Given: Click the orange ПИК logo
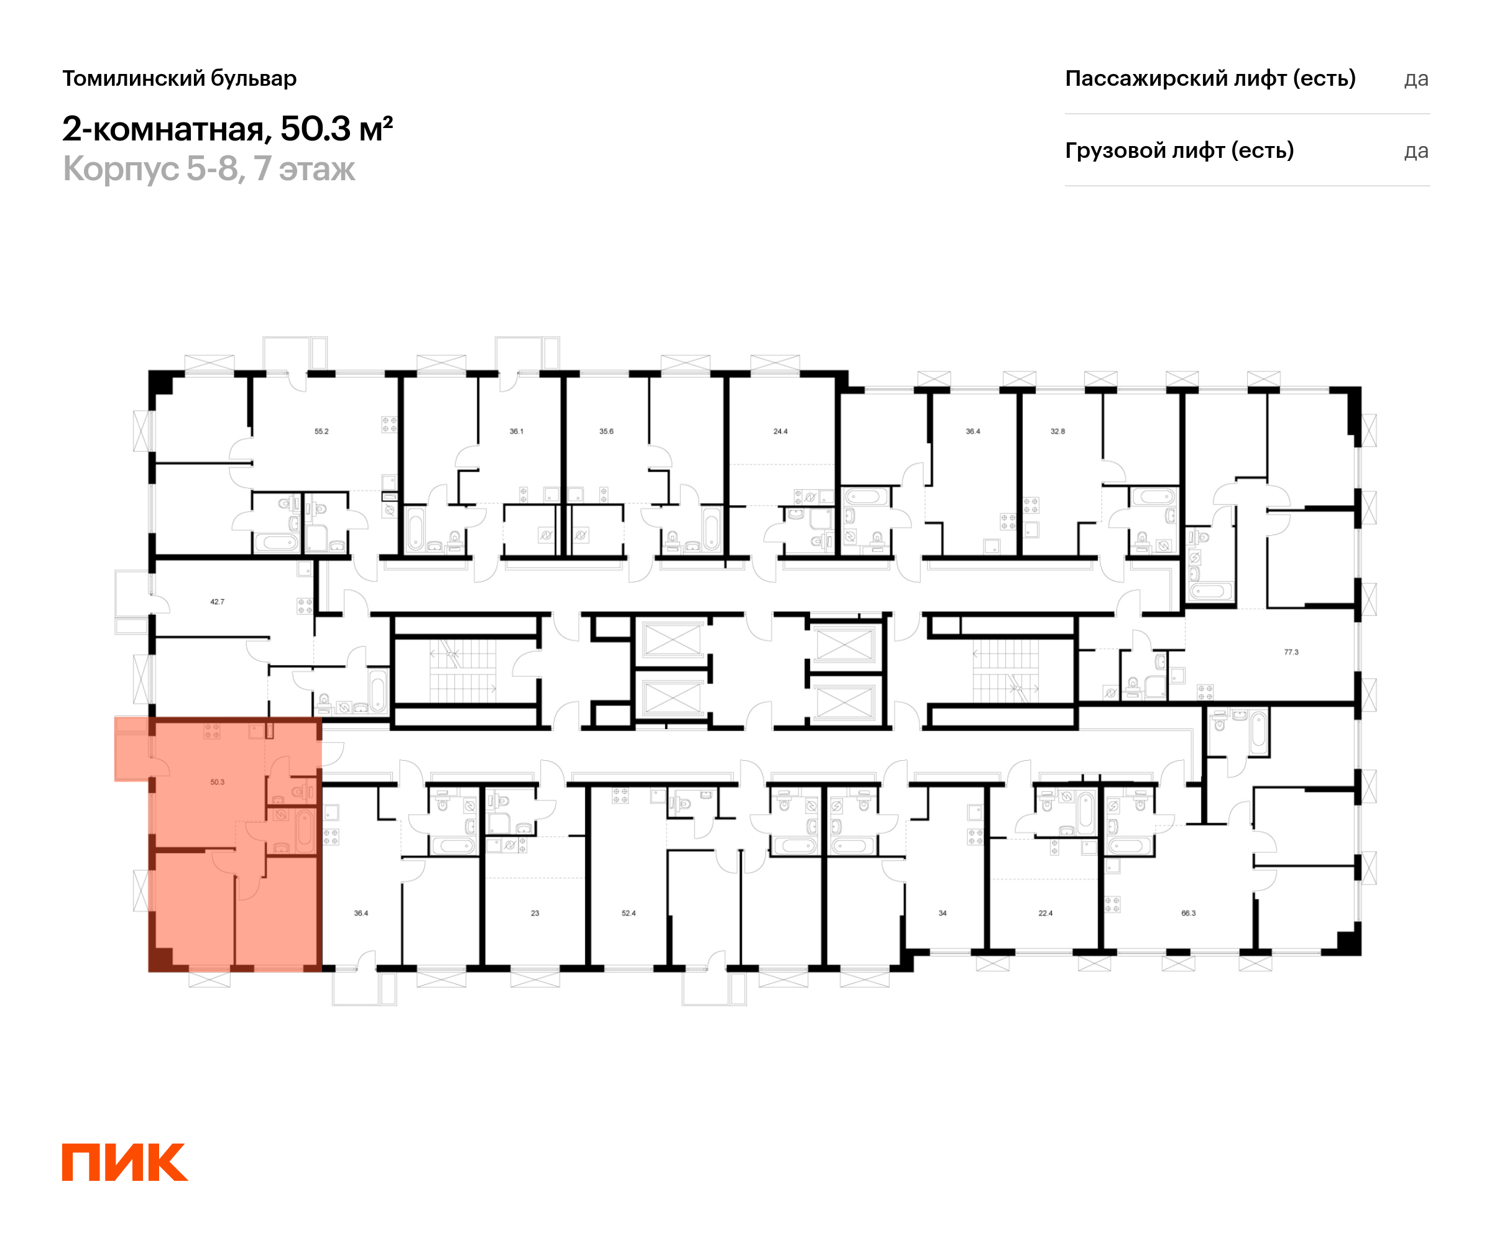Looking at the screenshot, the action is point(125,1162).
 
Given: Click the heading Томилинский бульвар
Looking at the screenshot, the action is point(180,79).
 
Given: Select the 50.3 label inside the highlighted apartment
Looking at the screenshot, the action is point(218,782).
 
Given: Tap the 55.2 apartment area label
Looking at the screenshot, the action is point(322,431).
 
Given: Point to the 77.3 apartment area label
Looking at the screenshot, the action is point(1291,652).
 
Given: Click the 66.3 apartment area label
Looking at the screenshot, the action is point(1189,914).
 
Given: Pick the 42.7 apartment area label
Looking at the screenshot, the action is point(218,602).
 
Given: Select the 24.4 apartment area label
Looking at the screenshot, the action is point(781,431).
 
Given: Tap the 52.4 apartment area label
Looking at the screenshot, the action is point(629,914).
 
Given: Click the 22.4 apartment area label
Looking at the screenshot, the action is point(1045,914).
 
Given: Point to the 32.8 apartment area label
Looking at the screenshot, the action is point(1058,431).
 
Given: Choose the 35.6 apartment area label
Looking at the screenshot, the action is point(606,431).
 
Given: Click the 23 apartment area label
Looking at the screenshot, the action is point(535,914).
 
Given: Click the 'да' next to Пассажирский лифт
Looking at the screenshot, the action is point(1416,80).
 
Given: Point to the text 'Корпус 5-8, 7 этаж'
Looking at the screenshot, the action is point(209,169).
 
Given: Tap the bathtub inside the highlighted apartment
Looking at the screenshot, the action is point(305,830).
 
